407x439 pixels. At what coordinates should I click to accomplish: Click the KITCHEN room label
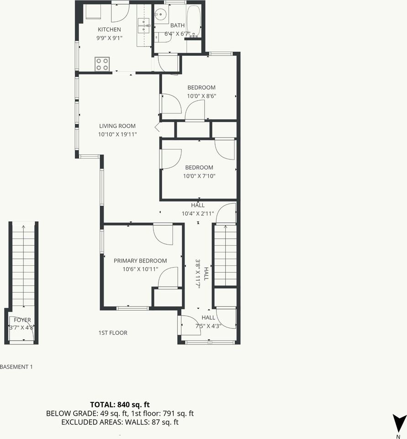(x=109, y=30)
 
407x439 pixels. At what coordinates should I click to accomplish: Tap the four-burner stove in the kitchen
(x=102, y=64)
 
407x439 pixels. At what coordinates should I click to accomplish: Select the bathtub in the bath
(x=194, y=21)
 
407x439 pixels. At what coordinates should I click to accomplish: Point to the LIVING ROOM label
(x=117, y=126)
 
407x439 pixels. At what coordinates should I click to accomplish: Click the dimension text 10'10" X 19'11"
(x=117, y=134)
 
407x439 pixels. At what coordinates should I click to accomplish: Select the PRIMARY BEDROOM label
(x=140, y=261)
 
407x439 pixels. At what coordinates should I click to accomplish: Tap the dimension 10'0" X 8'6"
(x=201, y=96)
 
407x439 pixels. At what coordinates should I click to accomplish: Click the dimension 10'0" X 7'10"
(x=199, y=176)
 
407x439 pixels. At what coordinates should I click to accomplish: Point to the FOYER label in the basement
(x=22, y=320)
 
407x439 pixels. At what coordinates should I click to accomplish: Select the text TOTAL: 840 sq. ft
(x=120, y=404)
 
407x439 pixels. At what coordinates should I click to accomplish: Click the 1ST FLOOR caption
(x=113, y=333)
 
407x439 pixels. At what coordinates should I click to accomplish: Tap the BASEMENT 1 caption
(x=16, y=367)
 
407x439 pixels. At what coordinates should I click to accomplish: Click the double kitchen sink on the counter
(x=144, y=26)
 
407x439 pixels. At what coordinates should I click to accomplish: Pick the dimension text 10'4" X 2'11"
(x=198, y=214)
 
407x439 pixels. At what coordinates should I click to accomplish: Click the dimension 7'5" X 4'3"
(x=208, y=326)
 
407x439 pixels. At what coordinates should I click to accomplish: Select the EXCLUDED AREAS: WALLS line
(x=120, y=422)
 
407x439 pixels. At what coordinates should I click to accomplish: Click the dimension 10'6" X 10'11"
(x=140, y=269)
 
